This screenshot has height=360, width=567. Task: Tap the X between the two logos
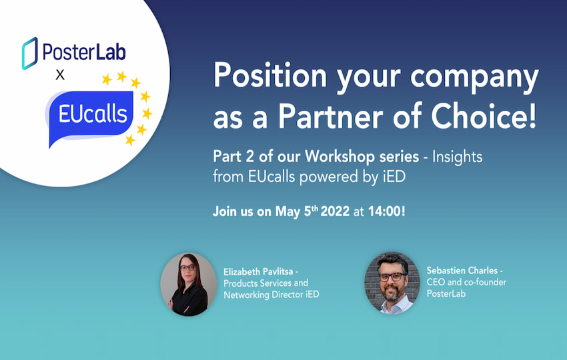click(x=60, y=75)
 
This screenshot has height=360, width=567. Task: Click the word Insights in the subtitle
click(x=456, y=159)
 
